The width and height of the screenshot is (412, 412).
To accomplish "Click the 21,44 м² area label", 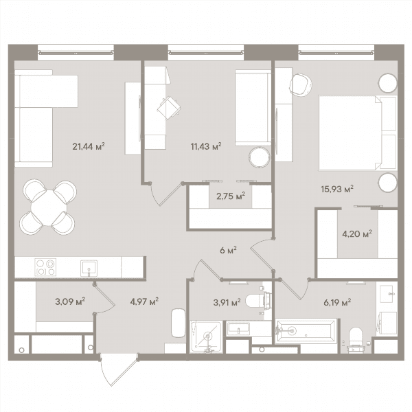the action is pos(89,146).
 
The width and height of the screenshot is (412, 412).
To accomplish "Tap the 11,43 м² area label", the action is pos(206,146).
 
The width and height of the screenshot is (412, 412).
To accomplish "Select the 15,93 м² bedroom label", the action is pos(337,189).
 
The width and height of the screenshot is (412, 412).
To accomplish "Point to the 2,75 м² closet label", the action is pos(231,196).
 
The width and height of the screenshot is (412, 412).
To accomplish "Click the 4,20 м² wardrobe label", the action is pos(357,233).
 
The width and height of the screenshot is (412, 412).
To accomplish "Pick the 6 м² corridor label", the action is pos(228,250).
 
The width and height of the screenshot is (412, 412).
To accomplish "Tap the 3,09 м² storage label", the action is pos(70,301).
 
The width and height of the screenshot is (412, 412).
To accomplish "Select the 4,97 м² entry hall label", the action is pos(144,301).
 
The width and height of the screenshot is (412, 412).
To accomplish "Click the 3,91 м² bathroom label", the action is pos(227,302).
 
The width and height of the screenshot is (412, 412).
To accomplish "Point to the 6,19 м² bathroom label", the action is pos(337,302).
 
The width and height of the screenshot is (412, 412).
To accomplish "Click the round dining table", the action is pos(49,207).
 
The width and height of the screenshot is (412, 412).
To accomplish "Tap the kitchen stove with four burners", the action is pos(45,267).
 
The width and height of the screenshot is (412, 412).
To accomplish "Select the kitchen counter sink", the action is pos(89,268).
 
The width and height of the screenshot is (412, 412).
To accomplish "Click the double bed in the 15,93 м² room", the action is pos(357,133).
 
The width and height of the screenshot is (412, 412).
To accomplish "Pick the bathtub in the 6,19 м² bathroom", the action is pos(306,331).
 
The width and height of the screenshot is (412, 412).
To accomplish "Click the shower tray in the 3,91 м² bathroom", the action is pos(206,336).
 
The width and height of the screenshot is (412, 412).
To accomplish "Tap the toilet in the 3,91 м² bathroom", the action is pos(259,300).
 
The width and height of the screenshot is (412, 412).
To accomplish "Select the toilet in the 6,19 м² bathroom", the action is pos(356,339).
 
